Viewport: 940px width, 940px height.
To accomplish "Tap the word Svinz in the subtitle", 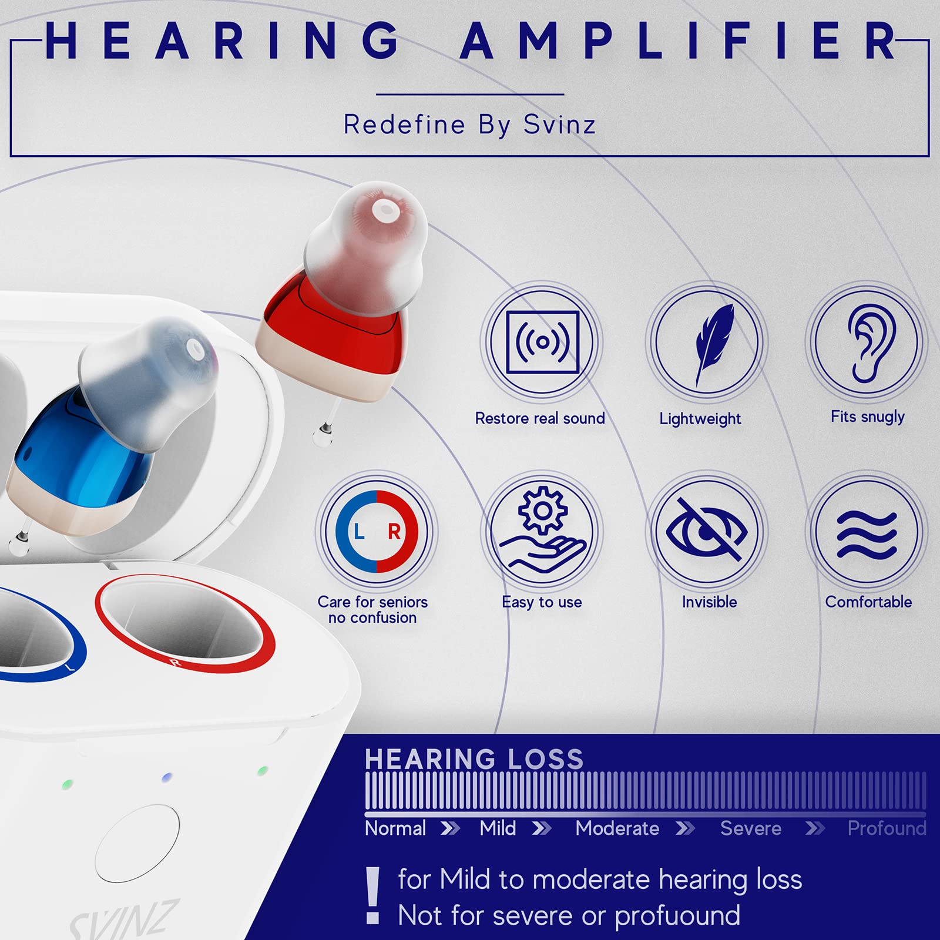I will [x=559, y=125].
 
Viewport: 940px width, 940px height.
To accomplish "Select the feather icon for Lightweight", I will [x=707, y=343].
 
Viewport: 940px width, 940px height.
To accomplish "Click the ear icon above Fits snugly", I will [x=868, y=343].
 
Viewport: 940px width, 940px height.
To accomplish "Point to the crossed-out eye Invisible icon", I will [x=707, y=531].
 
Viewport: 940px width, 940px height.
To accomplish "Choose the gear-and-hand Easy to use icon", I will [x=542, y=531].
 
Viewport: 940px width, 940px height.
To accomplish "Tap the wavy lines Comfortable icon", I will [x=868, y=533].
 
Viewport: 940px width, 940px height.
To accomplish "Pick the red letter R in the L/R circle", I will [x=394, y=532].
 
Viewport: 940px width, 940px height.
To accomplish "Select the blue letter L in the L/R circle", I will [x=358, y=532].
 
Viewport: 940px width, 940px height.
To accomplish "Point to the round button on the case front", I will [x=137, y=843].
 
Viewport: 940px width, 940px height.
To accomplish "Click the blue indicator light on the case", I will [x=167, y=777].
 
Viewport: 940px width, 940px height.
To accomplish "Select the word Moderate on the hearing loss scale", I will [x=617, y=828].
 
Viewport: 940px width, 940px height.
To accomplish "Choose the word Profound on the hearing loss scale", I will [x=887, y=828].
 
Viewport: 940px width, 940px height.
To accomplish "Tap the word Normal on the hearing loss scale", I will [x=395, y=828].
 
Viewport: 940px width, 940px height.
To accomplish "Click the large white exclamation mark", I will [x=372, y=895].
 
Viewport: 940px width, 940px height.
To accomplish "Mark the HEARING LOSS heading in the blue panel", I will [x=474, y=759].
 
